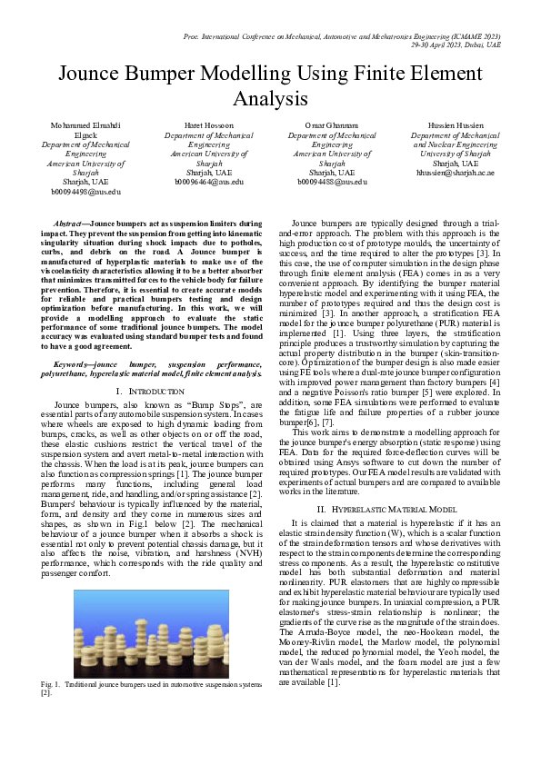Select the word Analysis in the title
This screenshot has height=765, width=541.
point(270,98)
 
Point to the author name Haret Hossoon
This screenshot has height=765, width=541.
point(208,124)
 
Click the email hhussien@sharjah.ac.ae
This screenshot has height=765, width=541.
point(456,172)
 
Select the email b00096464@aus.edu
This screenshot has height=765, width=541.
point(208,182)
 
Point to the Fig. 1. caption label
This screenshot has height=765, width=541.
point(50,683)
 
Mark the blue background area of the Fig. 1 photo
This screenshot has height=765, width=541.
point(100,604)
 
